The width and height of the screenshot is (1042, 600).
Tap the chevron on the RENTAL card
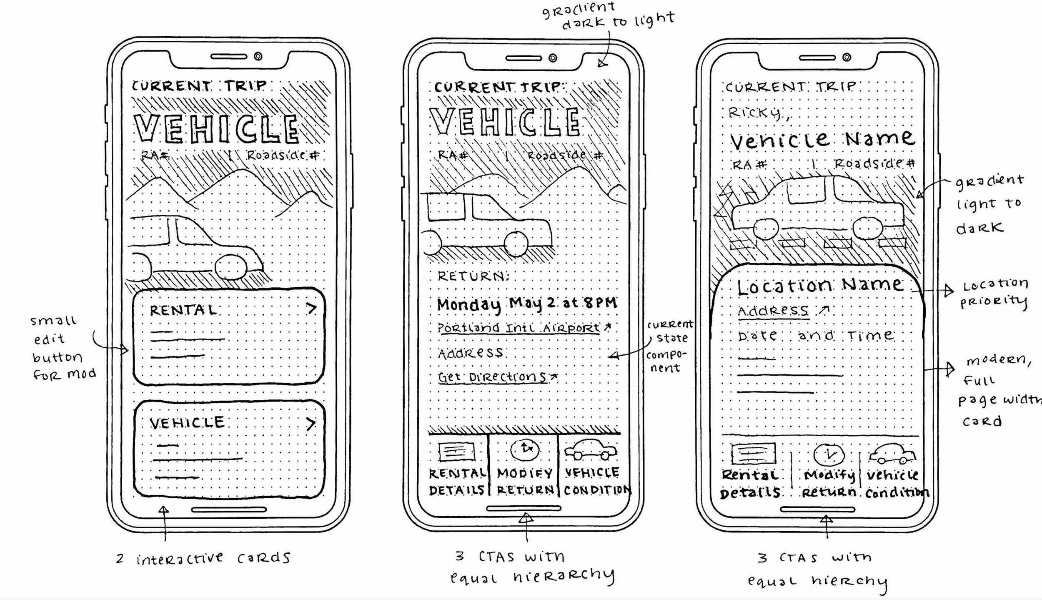tap(311, 309)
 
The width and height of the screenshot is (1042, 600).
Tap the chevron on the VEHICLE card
tap(311, 424)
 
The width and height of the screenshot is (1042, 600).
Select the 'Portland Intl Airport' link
tap(518, 328)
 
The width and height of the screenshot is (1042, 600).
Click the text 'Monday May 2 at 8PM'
tap(527, 304)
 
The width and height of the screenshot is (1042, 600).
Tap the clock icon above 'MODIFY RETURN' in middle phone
tap(525, 449)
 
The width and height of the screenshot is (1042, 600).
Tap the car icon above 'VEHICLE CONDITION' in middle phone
tap(591, 450)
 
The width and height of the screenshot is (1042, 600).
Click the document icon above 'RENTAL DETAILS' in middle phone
tap(456, 451)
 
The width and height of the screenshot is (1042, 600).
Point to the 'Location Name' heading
tap(820, 286)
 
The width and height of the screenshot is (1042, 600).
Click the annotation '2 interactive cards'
tap(203, 558)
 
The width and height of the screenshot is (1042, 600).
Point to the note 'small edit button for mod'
tap(63, 347)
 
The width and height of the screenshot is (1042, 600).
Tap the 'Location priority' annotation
tap(994, 293)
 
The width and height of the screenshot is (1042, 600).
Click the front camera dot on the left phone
tap(258, 56)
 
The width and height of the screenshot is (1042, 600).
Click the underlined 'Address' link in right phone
tap(773, 311)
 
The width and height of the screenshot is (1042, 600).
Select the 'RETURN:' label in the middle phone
tap(473, 276)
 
